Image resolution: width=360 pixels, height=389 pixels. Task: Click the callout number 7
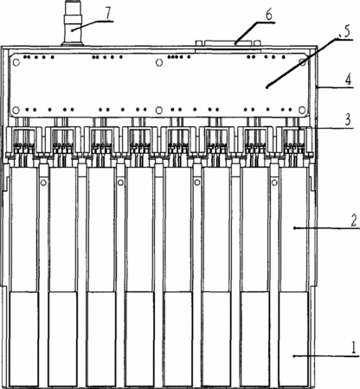[x=108, y=14]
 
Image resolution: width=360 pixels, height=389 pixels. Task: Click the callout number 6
[x=269, y=15]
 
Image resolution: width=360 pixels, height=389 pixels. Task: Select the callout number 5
[x=347, y=31]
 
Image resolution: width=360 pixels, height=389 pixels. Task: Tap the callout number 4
[x=349, y=80]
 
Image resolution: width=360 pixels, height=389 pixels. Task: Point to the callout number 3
[x=348, y=120]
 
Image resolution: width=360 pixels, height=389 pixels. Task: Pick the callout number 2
[x=354, y=220]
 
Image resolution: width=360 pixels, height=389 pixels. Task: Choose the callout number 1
[x=354, y=348]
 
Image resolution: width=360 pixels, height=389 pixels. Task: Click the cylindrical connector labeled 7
[x=73, y=23]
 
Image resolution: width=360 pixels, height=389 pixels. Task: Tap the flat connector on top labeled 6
[x=228, y=43]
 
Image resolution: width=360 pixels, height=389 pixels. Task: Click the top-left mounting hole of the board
[x=16, y=62]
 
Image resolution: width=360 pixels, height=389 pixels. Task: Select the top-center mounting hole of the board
[x=159, y=62]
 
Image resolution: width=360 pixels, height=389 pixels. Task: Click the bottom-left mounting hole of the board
[x=16, y=110]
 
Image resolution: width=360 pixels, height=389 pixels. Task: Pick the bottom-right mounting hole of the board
[x=302, y=110]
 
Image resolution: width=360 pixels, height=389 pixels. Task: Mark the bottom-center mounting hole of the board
[x=159, y=110]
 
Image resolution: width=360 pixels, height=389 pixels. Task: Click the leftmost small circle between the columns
[x=43, y=182]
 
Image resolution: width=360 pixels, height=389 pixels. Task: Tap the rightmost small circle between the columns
[x=274, y=182]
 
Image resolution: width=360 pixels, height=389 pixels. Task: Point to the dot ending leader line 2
[x=294, y=228]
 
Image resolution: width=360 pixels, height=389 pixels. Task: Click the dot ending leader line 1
[x=294, y=356]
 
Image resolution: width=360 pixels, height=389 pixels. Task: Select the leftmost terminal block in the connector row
[x=24, y=142]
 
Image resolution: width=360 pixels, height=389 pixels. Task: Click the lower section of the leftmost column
[x=24, y=339]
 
